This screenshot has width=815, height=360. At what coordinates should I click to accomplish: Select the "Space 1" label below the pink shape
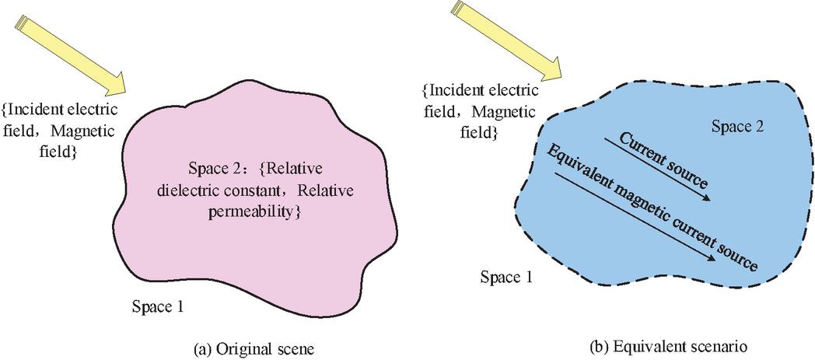[157, 306]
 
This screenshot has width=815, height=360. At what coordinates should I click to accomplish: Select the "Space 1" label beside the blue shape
[506, 278]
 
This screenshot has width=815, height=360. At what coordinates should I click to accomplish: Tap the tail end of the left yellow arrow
[20, 21]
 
